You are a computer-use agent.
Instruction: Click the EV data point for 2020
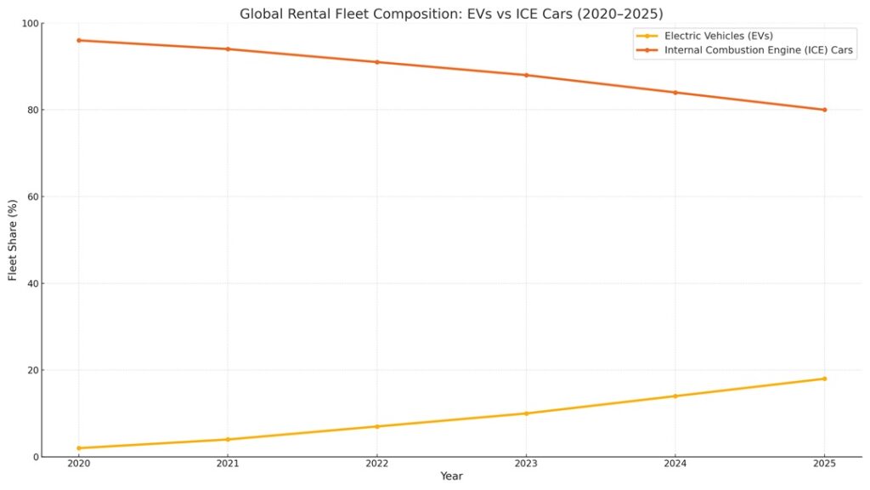(x=78, y=448)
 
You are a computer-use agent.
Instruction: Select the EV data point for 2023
(x=526, y=413)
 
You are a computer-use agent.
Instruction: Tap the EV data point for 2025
(x=824, y=379)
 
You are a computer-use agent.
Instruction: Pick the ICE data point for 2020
(x=78, y=40)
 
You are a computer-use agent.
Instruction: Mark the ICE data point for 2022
(x=377, y=62)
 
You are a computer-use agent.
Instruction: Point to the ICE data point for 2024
(x=675, y=93)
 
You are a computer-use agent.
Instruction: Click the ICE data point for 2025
(x=824, y=110)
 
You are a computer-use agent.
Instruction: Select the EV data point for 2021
(x=228, y=440)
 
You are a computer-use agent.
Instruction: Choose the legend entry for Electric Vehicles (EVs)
(x=719, y=36)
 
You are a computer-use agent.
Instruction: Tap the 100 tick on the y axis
(x=31, y=23)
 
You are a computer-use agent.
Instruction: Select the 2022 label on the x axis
(x=377, y=464)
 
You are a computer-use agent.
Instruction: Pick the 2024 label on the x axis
(x=675, y=464)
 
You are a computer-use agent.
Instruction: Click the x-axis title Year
(x=451, y=476)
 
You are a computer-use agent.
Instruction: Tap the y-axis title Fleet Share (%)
(x=14, y=240)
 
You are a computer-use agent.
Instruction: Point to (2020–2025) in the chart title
(x=620, y=14)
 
